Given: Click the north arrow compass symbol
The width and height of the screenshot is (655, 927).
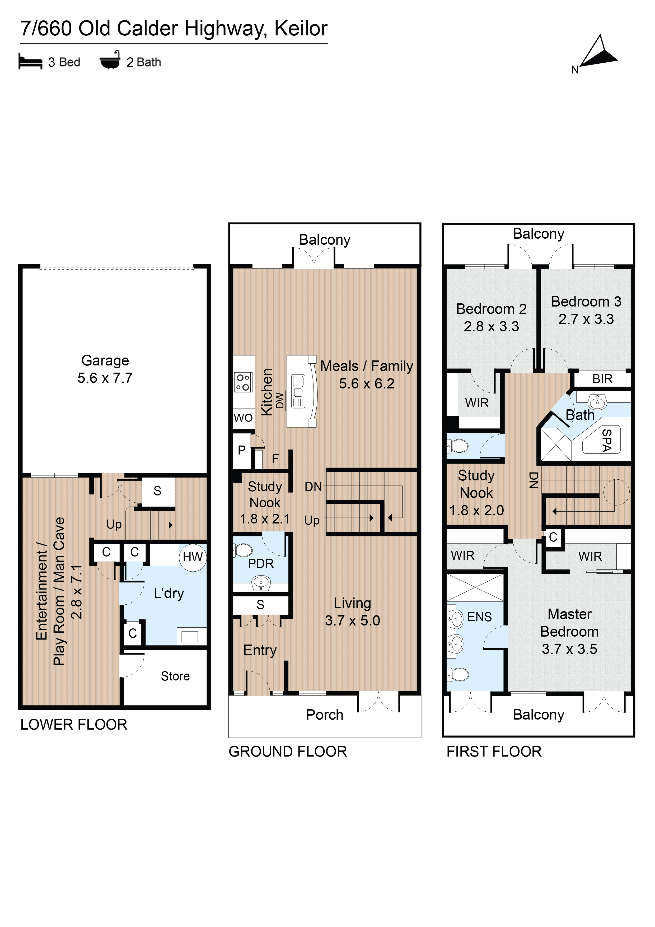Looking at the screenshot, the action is click(x=599, y=53).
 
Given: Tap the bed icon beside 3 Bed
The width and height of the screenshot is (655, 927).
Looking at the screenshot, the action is click(x=30, y=62).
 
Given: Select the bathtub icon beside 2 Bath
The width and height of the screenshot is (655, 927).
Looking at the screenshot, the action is click(x=110, y=60).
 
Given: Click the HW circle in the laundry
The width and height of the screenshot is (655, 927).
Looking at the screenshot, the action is click(x=193, y=557).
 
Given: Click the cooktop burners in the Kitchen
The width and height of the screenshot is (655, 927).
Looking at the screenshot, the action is click(x=243, y=382).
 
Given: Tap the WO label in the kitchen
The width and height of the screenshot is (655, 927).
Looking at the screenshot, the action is click(x=243, y=418).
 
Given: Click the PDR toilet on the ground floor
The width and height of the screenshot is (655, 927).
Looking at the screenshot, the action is click(x=243, y=550).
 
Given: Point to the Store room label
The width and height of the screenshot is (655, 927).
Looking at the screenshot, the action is click(x=175, y=676).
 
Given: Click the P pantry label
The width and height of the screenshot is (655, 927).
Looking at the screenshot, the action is click(x=242, y=450).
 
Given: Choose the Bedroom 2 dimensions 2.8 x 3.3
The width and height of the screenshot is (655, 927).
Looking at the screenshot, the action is click(x=491, y=326).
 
